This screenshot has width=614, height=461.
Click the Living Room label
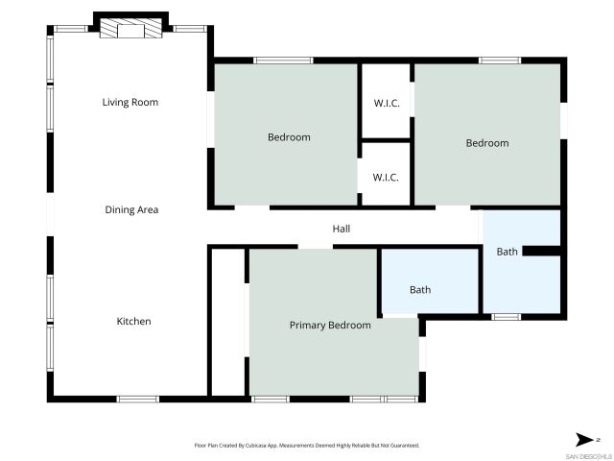click(x=130, y=102)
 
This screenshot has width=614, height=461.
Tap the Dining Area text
click(x=131, y=209)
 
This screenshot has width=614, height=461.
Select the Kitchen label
click(x=133, y=321)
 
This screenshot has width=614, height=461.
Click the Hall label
click(x=342, y=229)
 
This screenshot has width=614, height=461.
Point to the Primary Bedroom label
click(x=330, y=326)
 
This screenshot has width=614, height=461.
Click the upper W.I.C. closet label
click(x=386, y=103)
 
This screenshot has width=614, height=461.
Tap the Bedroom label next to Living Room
click(x=289, y=137)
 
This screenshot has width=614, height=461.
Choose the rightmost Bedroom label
click(x=487, y=143)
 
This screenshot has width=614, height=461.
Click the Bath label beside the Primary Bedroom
click(x=420, y=289)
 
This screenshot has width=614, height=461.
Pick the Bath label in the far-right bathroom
click(x=507, y=252)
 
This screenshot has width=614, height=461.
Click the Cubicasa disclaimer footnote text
click(x=307, y=446)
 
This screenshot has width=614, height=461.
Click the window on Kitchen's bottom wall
click(x=138, y=398)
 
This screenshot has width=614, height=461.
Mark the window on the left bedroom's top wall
click(x=283, y=61)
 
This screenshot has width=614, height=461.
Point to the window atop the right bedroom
click(x=500, y=61)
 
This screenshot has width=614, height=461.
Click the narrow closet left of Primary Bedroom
click(x=228, y=321)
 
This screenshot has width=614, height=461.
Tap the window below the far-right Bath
click(x=506, y=316)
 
